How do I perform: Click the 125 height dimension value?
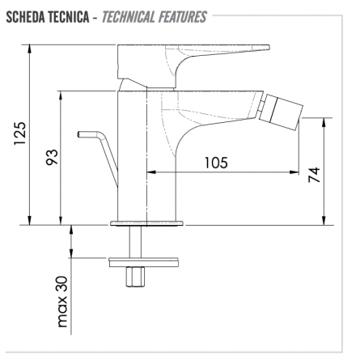(20, 133)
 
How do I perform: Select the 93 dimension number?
(52, 157)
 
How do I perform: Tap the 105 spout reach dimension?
(216, 163)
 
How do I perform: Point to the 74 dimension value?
(314, 175)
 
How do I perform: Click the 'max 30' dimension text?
(62, 302)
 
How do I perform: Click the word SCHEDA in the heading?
(25, 17)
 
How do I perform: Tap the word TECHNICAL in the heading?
(128, 17)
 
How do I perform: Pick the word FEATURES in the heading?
(183, 17)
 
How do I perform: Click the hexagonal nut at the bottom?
(135, 277)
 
